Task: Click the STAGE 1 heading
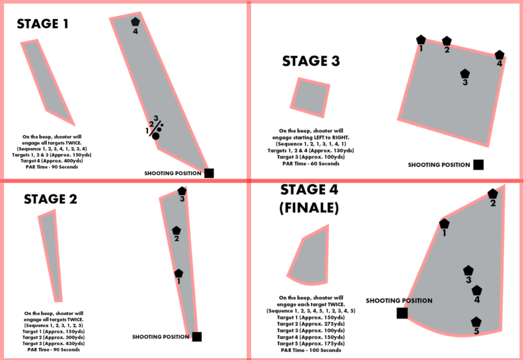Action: [43, 24]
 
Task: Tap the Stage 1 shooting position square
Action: [209, 173]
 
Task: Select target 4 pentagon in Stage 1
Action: [135, 22]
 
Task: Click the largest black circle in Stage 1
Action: [156, 136]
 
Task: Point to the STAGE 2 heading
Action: [50, 199]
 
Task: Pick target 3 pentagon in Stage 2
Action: [182, 191]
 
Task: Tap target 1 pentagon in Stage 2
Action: [178, 273]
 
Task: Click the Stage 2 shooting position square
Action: [197, 337]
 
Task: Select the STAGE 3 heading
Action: [311, 61]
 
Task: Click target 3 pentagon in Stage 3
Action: [465, 74]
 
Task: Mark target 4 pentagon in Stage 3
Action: [499, 55]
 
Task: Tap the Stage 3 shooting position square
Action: [479, 165]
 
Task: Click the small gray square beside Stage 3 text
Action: [310, 98]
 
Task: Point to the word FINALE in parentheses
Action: [309, 208]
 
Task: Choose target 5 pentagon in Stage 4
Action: [476, 322]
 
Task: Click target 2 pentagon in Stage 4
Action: [493, 194]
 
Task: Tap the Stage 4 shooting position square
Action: [402, 313]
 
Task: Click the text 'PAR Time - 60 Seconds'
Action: [311, 163]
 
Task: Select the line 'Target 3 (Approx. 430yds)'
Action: [53, 343]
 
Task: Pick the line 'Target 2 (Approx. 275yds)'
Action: [311, 324]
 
